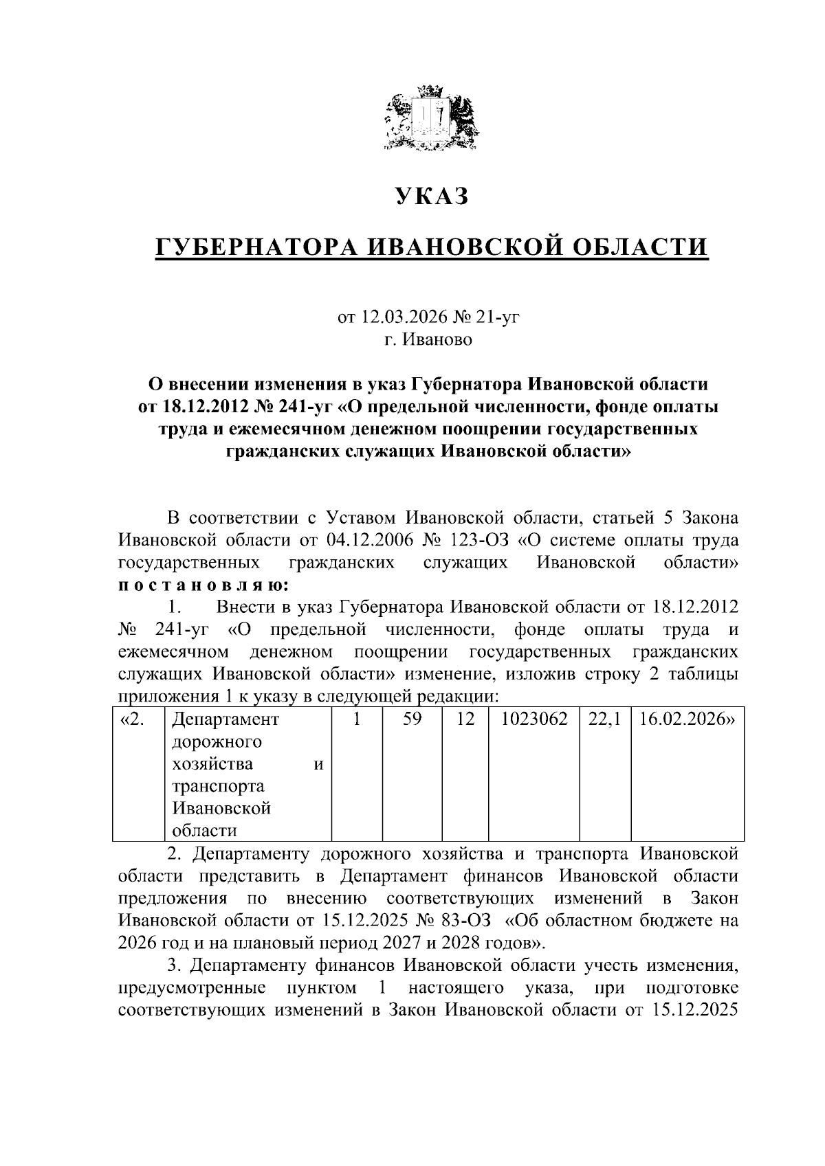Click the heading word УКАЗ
click(432, 197)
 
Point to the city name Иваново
click(438, 340)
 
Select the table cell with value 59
click(412, 719)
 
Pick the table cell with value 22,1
click(605, 719)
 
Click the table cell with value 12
click(465, 719)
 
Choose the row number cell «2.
click(132, 719)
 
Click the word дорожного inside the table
click(217, 742)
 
